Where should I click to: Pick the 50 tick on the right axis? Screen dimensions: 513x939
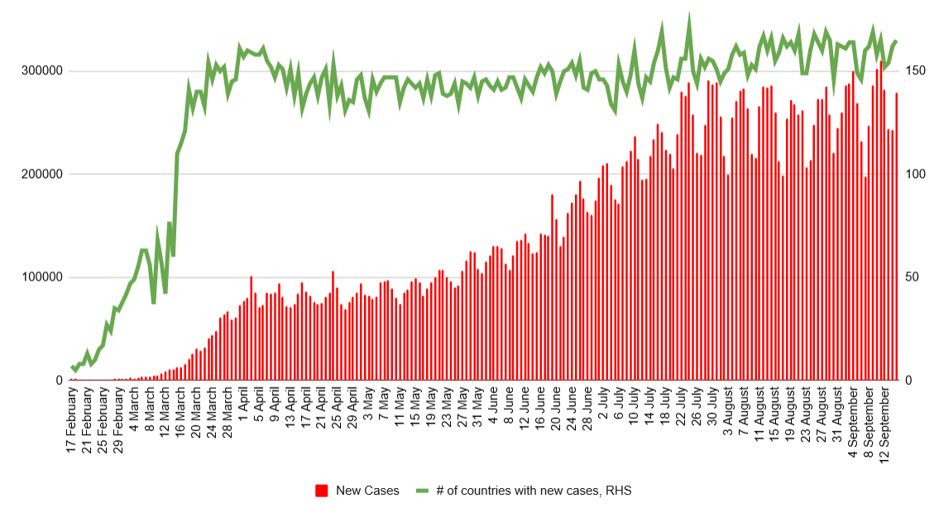[x=909, y=277]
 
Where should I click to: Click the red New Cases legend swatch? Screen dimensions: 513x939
[x=322, y=491]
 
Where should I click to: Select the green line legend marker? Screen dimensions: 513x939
[x=424, y=491]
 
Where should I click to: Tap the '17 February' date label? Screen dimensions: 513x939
[x=73, y=420]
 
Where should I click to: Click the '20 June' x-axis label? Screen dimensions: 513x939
[x=555, y=411]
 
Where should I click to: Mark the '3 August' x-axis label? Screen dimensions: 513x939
[x=726, y=412]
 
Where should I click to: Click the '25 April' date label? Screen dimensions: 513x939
[x=337, y=411]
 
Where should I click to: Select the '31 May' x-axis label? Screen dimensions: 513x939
[x=477, y=410]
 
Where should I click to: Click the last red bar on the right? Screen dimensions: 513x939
[x=896, y=237]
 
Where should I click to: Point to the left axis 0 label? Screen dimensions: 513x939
[x=60, y=381]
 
